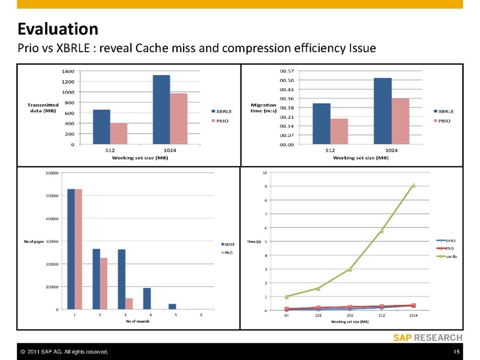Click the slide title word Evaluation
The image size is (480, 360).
click(58, 28)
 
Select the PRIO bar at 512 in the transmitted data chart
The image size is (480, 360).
click(119, 133)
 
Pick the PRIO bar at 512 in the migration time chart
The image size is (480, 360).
click(340, 131)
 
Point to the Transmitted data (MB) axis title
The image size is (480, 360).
click(43, 108)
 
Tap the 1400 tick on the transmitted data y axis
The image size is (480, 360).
click(67, 71)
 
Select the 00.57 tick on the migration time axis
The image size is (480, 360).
click(286, 71)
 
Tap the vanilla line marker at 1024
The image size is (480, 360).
click(413, 185)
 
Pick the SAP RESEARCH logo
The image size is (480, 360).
click(428, 337)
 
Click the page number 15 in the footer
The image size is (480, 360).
click(457, 351)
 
